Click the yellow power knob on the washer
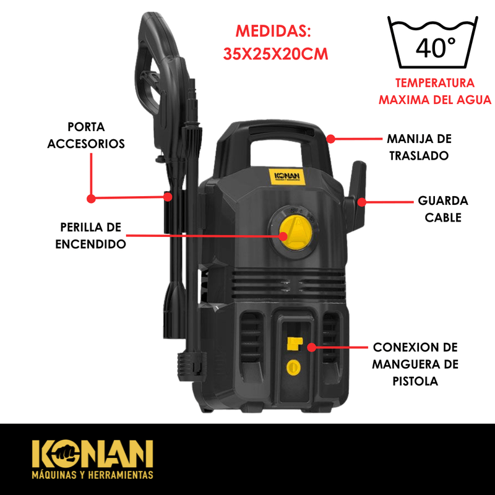click(x=296, y=232)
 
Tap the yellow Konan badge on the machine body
click(x=287, y=177)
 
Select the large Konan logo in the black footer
click(x=92, y=454)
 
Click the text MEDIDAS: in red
click(x=273, y=31)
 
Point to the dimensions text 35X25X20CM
click(x=275, y=54)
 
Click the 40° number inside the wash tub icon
click(x=436, y=48)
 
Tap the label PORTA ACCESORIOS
click(x=86, y=135)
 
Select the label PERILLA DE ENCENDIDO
click(x=90, y=236)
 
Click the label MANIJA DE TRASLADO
click(x=420, y=147)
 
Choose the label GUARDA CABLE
click(x=443, y=209)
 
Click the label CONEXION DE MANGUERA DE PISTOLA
click(x=415, y=364)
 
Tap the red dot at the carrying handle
click(x=330, y=139)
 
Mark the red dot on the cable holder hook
click(x=362, y=202)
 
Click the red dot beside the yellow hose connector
click(x=312, y=347)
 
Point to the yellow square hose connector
click(x=295, y=343)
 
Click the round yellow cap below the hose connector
click(x=293, y=367)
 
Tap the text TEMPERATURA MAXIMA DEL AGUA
click(x=435, y=91)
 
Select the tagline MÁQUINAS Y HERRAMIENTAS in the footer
click(x=92, y=475)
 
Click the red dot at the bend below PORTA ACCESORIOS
click(x=91, y=199)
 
